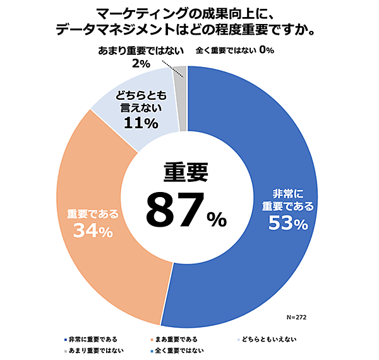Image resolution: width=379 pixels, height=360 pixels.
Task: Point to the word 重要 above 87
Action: pyautogui.click(x=186, y=172)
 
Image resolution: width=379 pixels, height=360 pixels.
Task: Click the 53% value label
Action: pyautogui.click(x=287, y=223)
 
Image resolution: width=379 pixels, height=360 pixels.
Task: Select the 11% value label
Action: pyautogui.click(x=140, y=123)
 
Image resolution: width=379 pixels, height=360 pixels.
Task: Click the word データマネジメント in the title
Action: pyautogui.click(x=107, y=30)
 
